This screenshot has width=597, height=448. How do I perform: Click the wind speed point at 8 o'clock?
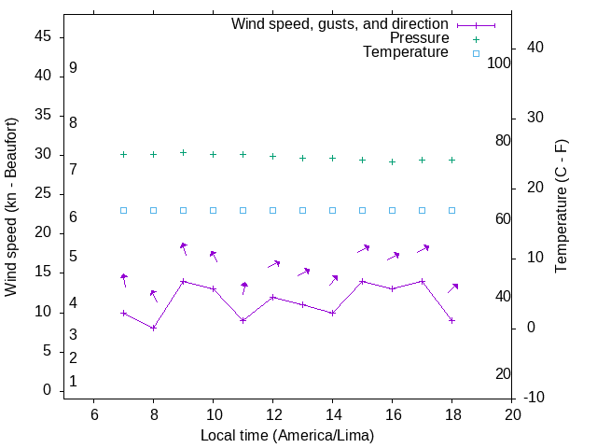(x=153, y=328)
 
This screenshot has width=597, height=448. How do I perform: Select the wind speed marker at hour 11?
(x=243, y=320)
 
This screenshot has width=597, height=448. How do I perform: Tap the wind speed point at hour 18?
(x=451, y=320)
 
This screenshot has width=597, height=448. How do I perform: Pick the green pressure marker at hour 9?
(x=183, y=153)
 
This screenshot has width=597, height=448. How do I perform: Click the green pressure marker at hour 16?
(x=392, y=161)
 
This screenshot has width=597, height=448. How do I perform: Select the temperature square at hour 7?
(x=123, y=210)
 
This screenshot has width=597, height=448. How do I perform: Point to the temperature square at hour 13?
(x=302, y=210)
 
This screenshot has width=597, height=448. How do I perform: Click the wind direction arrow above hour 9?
(x=183, y=248)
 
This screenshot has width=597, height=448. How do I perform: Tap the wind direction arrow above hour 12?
(x=273, y=264)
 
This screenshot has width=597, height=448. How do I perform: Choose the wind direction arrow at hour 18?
(x=452, y=288)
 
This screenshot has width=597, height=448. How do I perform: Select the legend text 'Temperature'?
(x=406, y=53)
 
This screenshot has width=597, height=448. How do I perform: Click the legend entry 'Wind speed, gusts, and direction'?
(x=340, y=23)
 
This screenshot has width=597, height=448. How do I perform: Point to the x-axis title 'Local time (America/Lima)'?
(x=287, y=435)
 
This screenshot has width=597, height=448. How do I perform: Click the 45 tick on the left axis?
(x=44, y=36)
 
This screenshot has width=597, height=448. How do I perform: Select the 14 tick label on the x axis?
(x=332, y=414)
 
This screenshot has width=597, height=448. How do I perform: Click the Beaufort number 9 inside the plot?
(x=73, y=68)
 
